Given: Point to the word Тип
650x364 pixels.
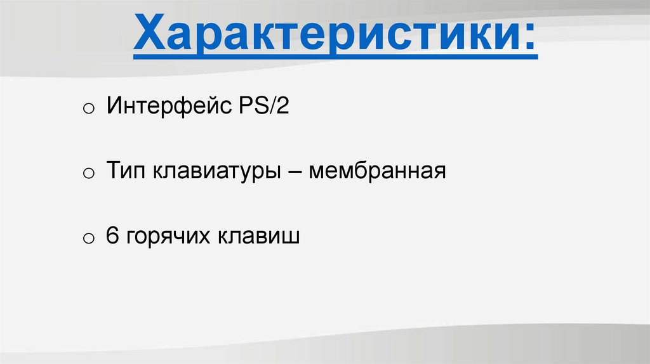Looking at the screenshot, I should [x=126, y=171].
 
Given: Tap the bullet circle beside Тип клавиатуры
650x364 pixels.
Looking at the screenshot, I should [x=88, y=174].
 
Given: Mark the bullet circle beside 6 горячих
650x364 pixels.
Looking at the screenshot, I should [x=88, y=239].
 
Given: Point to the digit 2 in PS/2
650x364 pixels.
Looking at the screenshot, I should [x=281, y=105].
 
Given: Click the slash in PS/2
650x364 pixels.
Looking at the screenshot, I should [x=269, y=105].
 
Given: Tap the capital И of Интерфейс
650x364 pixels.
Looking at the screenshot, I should [x=114, y=105].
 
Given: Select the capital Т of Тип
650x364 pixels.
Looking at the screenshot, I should [x=114, y=171].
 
